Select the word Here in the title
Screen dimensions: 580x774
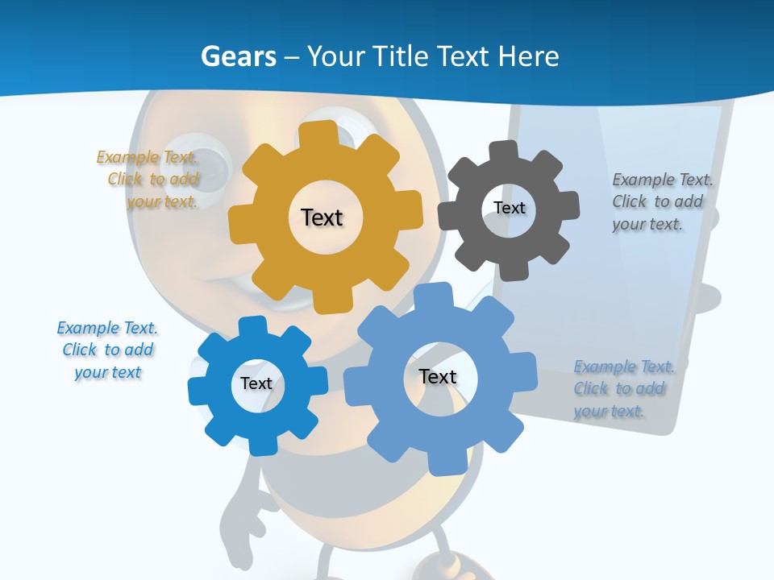coord(528,56)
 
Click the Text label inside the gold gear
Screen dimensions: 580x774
coord(322,217)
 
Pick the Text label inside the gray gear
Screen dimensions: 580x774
coord(509,208)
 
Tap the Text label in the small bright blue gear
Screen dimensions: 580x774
coord(256,383)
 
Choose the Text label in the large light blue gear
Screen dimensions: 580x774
coord(438,376)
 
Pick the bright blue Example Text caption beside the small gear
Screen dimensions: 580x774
coord(107,350)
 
